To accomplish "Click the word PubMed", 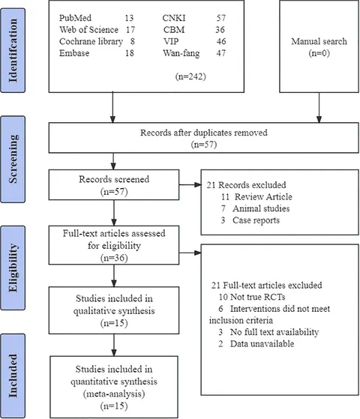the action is (75, 18).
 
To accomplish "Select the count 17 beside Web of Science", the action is (130, 29).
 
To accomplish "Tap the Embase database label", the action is (74, 53).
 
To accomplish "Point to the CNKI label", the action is (174, 18).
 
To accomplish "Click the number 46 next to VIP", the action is (221, 41).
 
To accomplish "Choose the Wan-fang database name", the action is (181, 53).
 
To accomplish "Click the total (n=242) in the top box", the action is (190, 76).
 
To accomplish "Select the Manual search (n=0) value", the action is (319, 53).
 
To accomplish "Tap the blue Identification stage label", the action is (13, 50).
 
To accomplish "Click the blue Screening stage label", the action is (13, 159).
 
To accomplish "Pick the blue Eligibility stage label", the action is (13, 268).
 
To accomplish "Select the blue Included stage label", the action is (13, 376).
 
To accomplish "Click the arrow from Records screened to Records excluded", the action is (190, 184).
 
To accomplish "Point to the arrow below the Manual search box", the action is (319, 108).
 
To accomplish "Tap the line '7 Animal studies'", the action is (256, 208).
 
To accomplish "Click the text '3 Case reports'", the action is (250, 220).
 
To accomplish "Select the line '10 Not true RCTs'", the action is (252, 297).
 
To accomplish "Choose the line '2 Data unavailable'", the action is (256, 343).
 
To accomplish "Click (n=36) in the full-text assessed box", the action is (114, 258).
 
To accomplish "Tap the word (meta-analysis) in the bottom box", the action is (114, 394).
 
